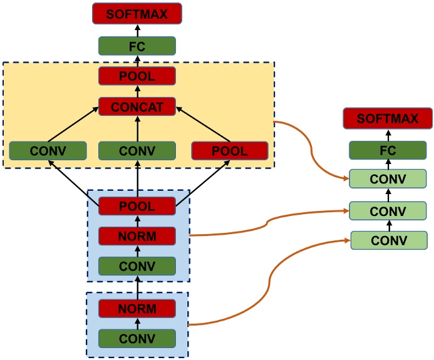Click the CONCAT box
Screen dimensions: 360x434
[137, 107]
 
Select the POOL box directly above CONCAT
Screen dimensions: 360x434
[137, 76]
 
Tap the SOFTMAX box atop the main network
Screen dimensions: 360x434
[137, 13]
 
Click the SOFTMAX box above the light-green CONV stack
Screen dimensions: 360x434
[388, 118]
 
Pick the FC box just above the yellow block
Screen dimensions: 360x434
[137, 46]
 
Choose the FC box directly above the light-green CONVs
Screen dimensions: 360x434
[388, 150]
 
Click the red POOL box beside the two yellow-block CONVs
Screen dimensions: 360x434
[230, 151]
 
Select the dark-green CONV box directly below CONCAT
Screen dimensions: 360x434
[137, 151]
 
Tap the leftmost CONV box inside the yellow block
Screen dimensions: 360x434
[48, 151]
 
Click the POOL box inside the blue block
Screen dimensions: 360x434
[137, 205]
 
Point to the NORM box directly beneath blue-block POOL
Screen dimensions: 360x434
[137, 236]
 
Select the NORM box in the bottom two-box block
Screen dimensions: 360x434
[137, 309]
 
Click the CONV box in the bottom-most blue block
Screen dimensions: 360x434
[137, 339]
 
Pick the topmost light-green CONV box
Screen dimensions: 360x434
[388, 179]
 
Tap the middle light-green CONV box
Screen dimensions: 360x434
[388, 210]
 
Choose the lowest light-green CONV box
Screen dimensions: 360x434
[388, 240]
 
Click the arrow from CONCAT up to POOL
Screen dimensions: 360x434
[137, 92]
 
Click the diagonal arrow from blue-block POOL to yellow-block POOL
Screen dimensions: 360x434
[202, 184]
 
